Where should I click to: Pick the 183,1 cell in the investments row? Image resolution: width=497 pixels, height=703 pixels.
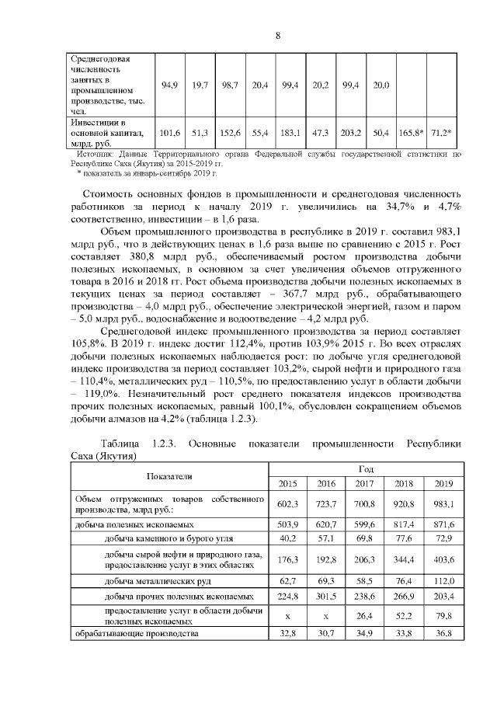pos(292,133)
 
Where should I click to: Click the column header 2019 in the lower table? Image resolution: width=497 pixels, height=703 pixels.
pos(443,483)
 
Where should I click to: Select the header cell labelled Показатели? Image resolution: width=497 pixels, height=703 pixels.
pos(169,475)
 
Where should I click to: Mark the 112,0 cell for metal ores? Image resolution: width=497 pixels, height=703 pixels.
pos(443,580)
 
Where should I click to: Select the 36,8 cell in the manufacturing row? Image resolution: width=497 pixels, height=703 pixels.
pos(443,634)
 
